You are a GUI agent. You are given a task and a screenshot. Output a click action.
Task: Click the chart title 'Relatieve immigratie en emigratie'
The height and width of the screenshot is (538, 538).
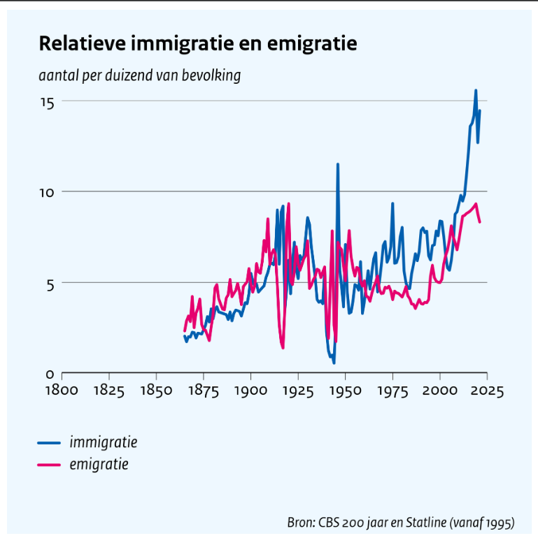[x=198, y=44]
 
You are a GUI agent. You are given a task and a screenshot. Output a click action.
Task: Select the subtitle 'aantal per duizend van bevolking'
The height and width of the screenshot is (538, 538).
[x=140, y=75]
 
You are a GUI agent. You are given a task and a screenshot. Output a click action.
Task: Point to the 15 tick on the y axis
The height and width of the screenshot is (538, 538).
[x=48, y=102]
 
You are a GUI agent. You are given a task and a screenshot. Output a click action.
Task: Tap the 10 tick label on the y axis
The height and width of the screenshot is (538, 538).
[x=48, y=192]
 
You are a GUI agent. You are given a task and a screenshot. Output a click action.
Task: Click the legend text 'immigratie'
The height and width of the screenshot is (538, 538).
[x=103, y=442]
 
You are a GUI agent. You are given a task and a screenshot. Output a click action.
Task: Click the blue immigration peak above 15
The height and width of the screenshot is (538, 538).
[x=476, y=91]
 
